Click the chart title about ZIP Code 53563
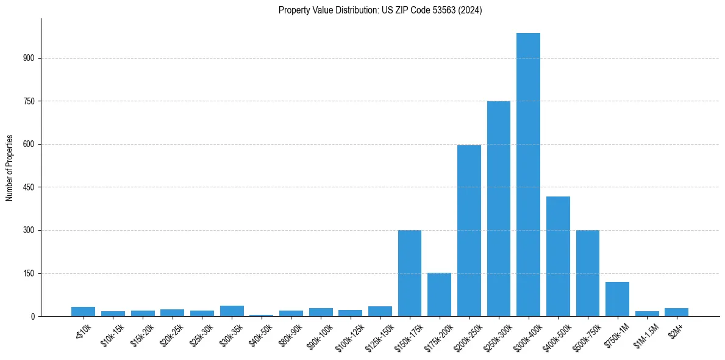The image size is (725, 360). click(x=380, y=10)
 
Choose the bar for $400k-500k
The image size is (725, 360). click(x=558, y=256)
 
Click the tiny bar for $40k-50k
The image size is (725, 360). click(x=262, y=315)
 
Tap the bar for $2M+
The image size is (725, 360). click(x=676, y=312)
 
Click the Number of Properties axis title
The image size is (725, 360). click(x=9, y=167)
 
